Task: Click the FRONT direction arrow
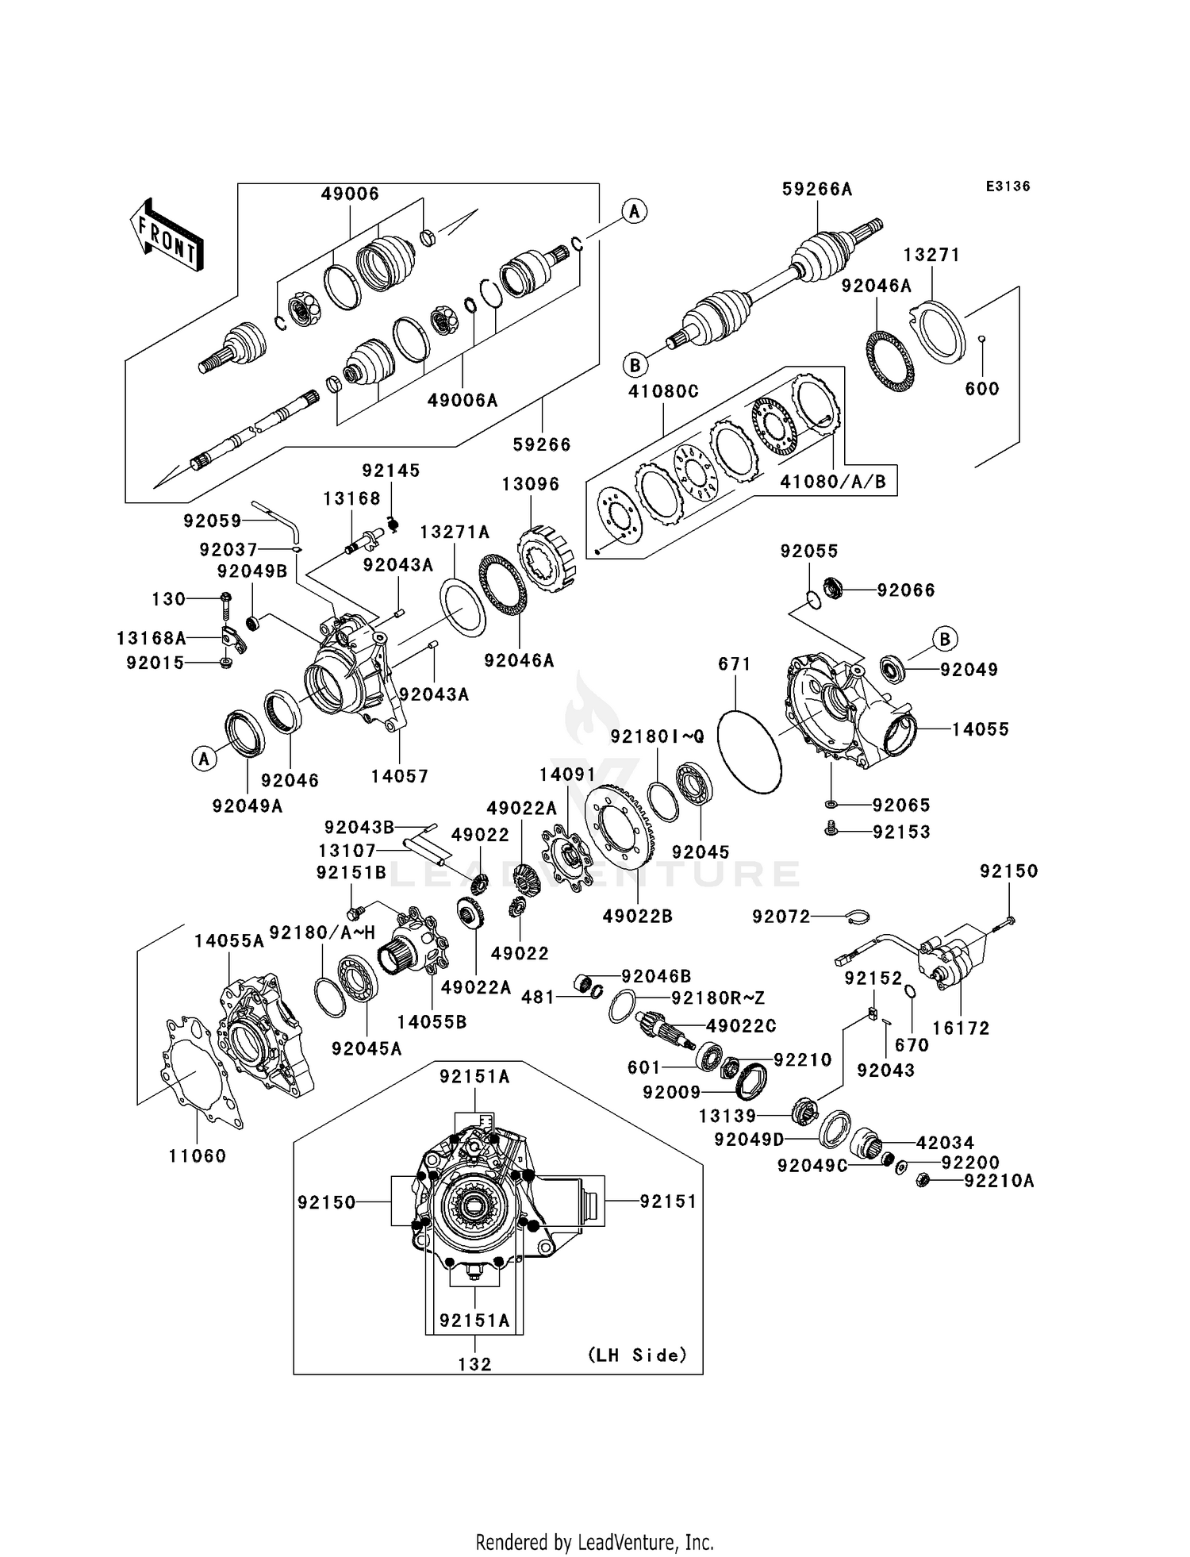pyautogui.click(x=167, y=236)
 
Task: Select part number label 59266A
pyautogui.click(x=816, y=189)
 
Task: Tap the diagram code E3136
pyautogui.click(x=1008, y=186)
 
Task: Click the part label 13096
pyautogui.click(x=531, y=484)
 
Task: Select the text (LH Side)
pyautogui.click(x=637, y=1355)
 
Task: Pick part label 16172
pyautogui.click(x=961, y=1028)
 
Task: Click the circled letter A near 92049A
pyautogui.click(x=204, y=759)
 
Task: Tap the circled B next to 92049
pyautogui.click(x=944, y=639)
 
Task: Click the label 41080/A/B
pyautogui.click(x=832, y=482)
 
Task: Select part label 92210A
pyautogui.click(x=999, y=1181)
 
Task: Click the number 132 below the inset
pyautogui.click(x=474, y=1364)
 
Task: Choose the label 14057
pyautogui.click(x=399, y=776)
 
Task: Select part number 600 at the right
pyautogui.click(x=981, y=389)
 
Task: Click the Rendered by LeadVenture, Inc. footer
pyautogui.click(x=594, y=1542)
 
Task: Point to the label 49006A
pyautogui.click(x=463, y=401)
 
